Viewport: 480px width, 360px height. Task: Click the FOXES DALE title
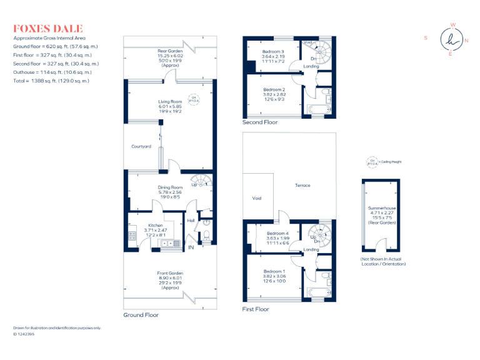pos(48,29)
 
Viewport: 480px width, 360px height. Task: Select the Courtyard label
pos(141,147)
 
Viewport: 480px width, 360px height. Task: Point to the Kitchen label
pos(155,225)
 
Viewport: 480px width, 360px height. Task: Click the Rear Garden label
pos(169,51)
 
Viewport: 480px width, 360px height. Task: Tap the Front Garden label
pos(169,273)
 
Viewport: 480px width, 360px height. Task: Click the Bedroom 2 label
pos(273,89)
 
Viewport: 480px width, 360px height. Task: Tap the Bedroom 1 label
pos(273,271)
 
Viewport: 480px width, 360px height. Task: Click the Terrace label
pos(303,186)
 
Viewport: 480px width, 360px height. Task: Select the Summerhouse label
pos(381,207)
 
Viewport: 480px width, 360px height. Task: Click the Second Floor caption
pos(260,122)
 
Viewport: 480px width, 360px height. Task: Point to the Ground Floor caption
pos(141,315)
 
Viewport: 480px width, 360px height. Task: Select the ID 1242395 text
pos(24,334)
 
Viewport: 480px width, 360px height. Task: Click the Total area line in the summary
pos(51,81)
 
